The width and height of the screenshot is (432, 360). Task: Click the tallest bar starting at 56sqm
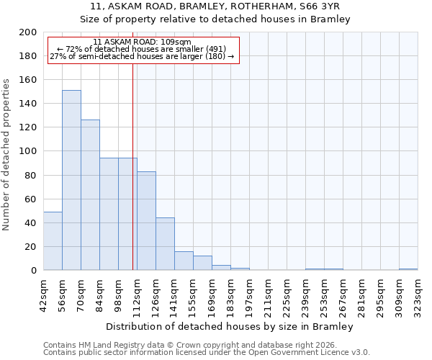pyautogui.click(x=71, y=180)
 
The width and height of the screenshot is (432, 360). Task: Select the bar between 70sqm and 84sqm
pyautogui.click(x=90, y=194)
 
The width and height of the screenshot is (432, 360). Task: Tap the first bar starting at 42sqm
pyautogui.click(x=53, y=241)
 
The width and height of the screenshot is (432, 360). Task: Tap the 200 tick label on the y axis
pyautogui.click(x=28, y=32)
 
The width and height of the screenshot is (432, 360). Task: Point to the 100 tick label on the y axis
pyautogui.click(x=28, y=151)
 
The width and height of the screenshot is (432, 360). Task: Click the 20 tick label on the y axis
pyautogui.click(x=31, y=246)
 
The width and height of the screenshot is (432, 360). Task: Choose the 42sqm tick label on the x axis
pyautogui.click(x=43, y=294)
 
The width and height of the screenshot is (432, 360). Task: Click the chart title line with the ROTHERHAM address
pyautogui.click(x=215, y=6)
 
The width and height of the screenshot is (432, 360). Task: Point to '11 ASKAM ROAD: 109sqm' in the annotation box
pyautogui.click(x=142, y=42)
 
